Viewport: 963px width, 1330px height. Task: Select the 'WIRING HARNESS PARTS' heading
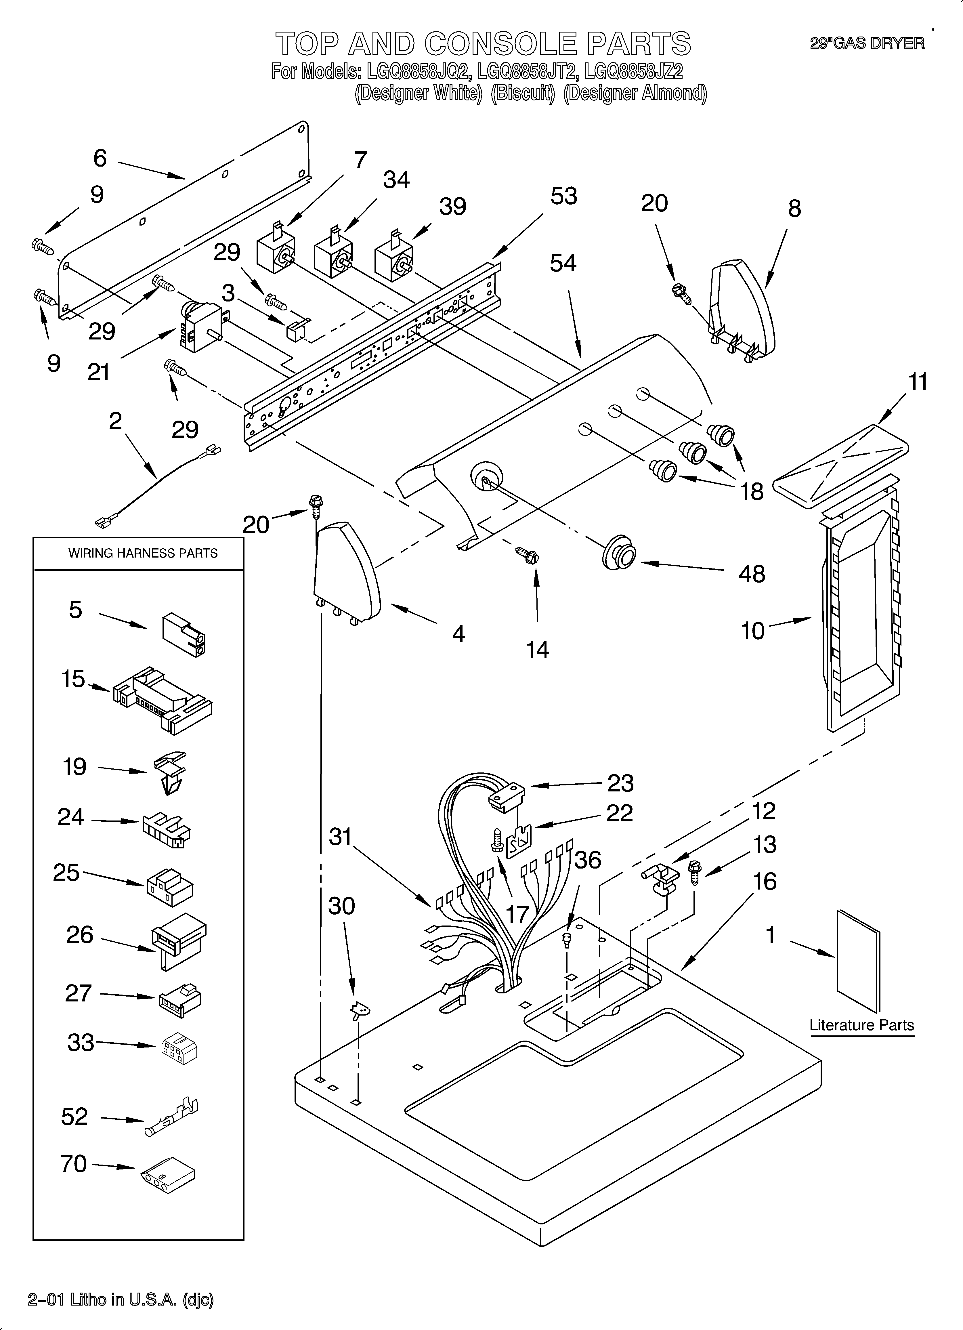143,553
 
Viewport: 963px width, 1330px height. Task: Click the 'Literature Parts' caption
861,1025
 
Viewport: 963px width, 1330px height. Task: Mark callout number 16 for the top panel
765,881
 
